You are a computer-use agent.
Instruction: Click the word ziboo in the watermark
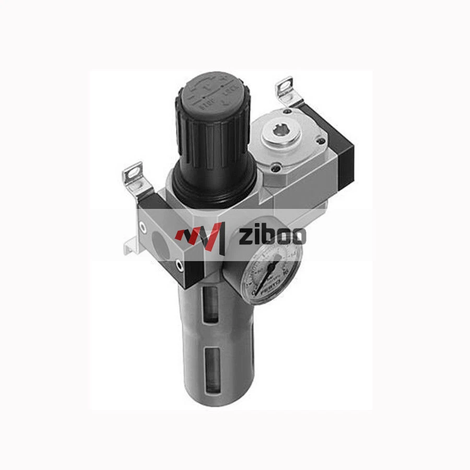[272, 236]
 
